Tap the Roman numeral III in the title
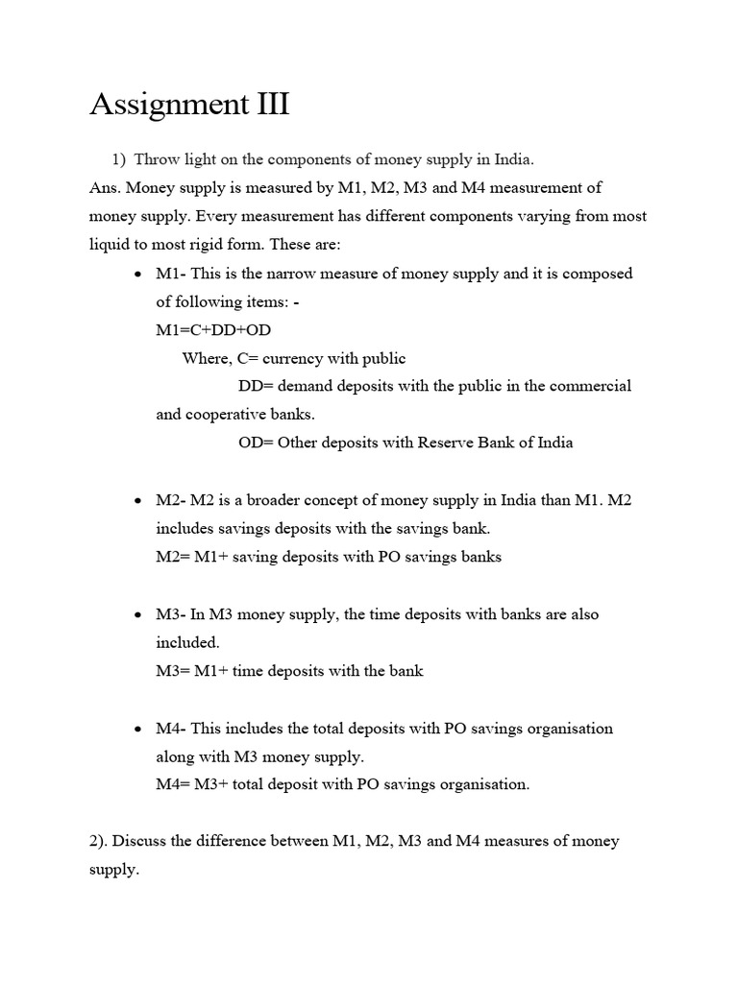click(x=273, y=104)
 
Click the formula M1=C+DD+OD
click(x=213, y=329)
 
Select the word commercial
click(x=592, y=386)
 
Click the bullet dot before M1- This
click(x=138, y=275)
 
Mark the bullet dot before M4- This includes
click(x=138, y=730)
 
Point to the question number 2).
click(x=99, y=841)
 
